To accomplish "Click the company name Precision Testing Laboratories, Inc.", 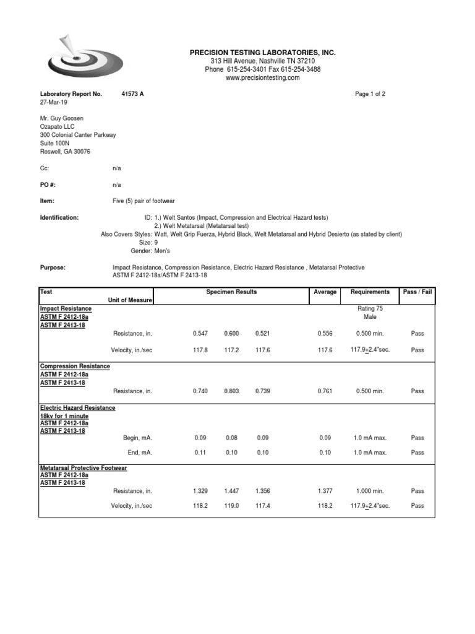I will click(262, 53).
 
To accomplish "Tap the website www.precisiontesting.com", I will click(262, 78).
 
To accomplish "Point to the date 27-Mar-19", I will click(54, 102).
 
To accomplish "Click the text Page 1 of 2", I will click(370, 94).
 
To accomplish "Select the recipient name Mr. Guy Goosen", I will click(62, 118).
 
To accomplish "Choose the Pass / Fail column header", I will click(417, 292).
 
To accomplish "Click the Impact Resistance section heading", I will click(66, 308).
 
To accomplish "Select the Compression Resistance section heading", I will click(75, 367).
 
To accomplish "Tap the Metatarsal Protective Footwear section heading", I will click(83, 468).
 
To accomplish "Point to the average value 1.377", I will click(325, 491).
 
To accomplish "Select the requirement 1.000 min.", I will click(370, 491).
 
